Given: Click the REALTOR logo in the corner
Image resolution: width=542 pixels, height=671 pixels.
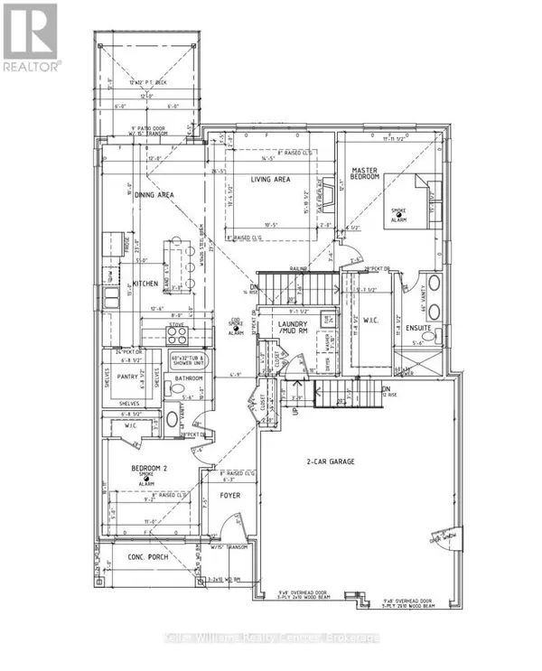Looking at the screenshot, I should pos(31,37).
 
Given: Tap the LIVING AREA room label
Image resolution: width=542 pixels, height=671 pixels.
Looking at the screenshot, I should pos(270,180).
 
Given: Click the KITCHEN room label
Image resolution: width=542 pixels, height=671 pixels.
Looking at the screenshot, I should pos(145,283).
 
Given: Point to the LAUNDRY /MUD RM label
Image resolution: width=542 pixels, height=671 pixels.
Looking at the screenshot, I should pos(292,328).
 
